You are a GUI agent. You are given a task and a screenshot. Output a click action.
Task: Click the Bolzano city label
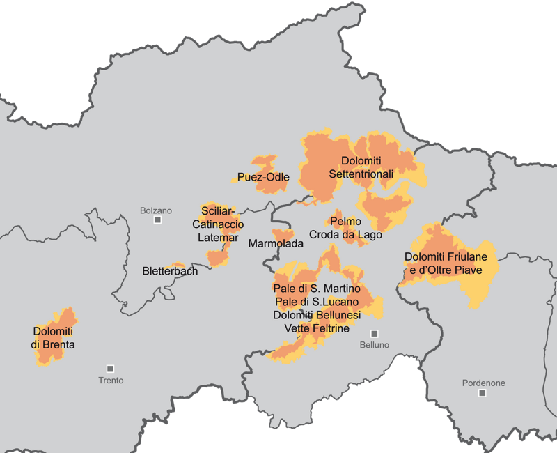[x=155, y=210]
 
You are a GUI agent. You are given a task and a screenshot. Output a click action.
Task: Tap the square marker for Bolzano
[x=158, y=220]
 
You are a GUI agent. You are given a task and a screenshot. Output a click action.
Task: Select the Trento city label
[x=111, y=380]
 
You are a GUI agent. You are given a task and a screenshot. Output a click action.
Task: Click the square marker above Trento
[x=110, y=368]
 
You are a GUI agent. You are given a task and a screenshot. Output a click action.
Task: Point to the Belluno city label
[x=373, y=345]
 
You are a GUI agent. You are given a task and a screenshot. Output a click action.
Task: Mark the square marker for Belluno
[x=374, y=333]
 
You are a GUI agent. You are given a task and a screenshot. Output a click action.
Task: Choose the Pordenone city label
[x=483, y=383]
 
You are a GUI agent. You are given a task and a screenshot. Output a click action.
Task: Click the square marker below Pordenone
[x=482, y=394]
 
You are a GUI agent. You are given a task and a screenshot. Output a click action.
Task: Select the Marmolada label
[x=276, y=244]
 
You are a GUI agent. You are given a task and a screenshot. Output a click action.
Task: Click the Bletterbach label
[x=170, y=270]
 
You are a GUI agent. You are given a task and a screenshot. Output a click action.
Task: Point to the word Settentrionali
[x=361, y=174]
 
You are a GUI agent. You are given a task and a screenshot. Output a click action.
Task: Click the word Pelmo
[x=346, y=222]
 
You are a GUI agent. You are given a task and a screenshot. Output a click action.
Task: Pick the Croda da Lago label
[x=345, y=235]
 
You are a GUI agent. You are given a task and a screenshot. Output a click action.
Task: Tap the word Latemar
[x=218, y=238]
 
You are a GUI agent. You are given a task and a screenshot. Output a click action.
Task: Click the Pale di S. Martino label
[x=317, y=289]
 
